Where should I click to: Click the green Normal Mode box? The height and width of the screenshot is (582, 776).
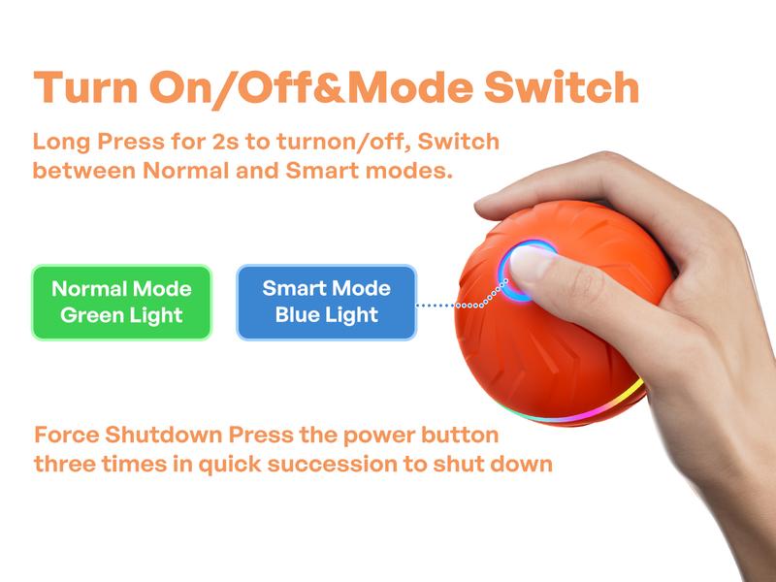tap(121, 302)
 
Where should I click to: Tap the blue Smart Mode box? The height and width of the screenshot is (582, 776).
tap(326, 302)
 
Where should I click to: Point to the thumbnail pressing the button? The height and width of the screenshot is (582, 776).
tap(533, 262)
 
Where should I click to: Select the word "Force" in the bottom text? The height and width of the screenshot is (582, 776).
tap(68, 434)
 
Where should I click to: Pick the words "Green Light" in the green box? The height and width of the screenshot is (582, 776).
tap(121, 315)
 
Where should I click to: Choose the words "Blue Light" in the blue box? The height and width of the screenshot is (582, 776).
tap(326, 314)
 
